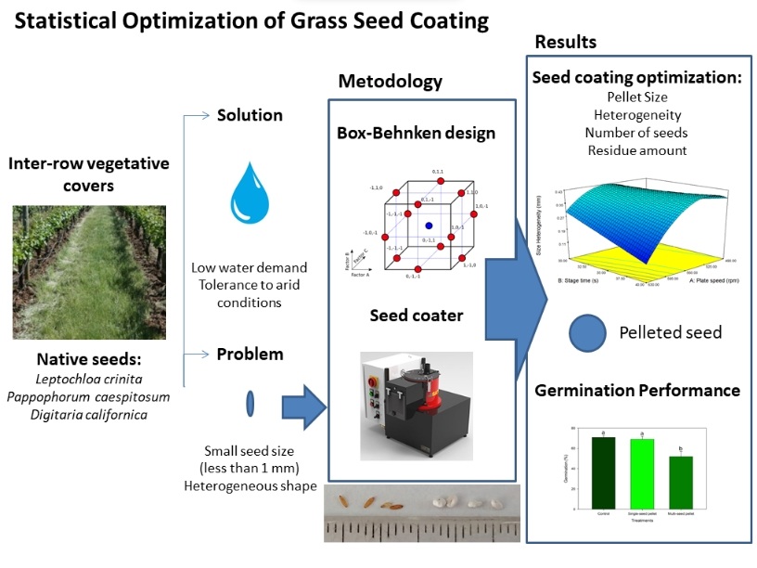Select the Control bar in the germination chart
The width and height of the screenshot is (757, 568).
click(x=603, y=473)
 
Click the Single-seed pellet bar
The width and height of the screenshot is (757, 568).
click(x=641, y=474)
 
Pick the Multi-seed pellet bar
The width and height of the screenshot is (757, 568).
click(x=681, y=483)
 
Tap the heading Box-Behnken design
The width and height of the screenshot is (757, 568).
click(x=416, y=133)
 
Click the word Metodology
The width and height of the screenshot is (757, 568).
click(x=390, y=82)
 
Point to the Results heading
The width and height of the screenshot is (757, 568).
click(x=566, y=42)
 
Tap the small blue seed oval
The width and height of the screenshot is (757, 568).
click(x=250, y=404)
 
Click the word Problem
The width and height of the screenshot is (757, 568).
click(x=250, y=355)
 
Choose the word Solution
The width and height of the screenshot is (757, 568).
click(x=250, y=116)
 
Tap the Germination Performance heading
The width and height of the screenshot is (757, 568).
click(x=637, y=391)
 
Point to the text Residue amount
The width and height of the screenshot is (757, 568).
click(x=636, y=149)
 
